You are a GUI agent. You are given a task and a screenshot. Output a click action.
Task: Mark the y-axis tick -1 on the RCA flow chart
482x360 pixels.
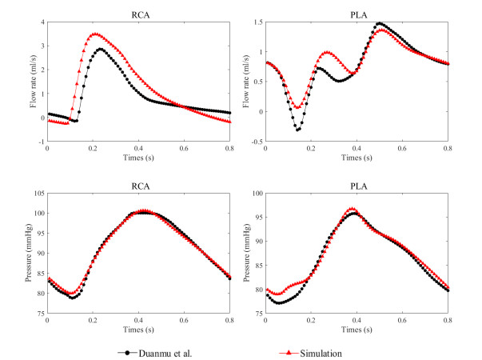point(41,141)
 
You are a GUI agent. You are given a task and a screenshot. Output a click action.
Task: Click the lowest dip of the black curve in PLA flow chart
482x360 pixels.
point(298,129)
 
